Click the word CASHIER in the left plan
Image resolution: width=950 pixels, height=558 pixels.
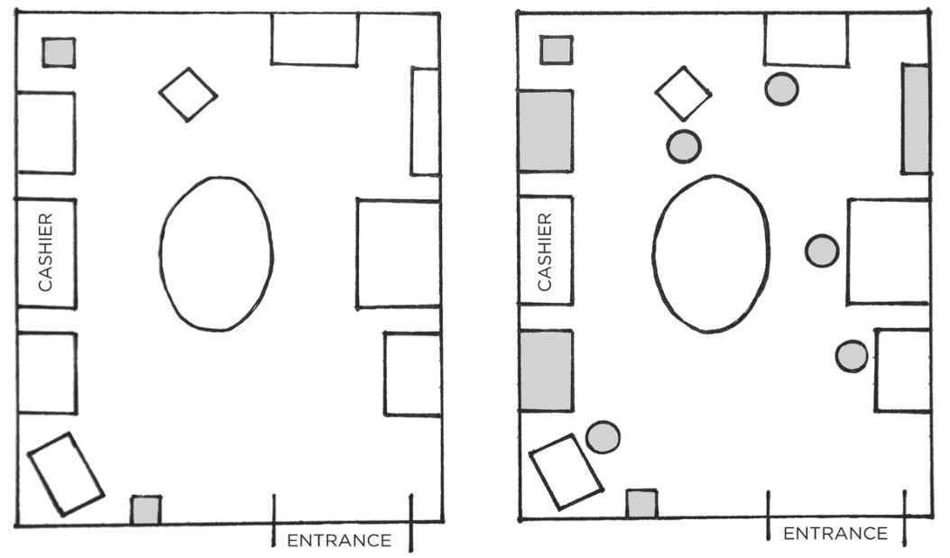click(45, 252)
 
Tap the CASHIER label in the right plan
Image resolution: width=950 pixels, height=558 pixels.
click(545, 252)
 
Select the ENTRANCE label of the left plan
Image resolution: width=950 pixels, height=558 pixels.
click(338, 540)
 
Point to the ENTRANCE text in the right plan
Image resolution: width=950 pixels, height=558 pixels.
click(835, 533)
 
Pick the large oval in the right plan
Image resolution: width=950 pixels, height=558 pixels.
click(653, 254)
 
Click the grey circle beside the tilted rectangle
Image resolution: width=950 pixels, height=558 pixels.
click(603, 437)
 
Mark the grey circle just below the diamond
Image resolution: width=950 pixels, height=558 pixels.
click(684, 146)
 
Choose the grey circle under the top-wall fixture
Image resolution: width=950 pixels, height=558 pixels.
click(781, 89)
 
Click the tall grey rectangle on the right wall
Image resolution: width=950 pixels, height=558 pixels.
click(916, 119)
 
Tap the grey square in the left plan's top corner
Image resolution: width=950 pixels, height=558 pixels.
click(59, 52)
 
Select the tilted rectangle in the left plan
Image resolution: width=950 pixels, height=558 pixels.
click(66, 474)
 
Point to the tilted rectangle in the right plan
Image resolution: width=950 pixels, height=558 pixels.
click(566, 472)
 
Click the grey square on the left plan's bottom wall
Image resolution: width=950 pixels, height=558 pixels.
click(146, 509)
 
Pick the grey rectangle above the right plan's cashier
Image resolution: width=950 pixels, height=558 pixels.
click(545, 132)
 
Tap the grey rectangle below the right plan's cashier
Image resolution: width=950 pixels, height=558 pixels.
click(545, 371)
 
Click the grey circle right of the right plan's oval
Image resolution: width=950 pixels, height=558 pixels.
click(822, 251)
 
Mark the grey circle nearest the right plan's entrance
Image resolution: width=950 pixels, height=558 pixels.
click(852, 356)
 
